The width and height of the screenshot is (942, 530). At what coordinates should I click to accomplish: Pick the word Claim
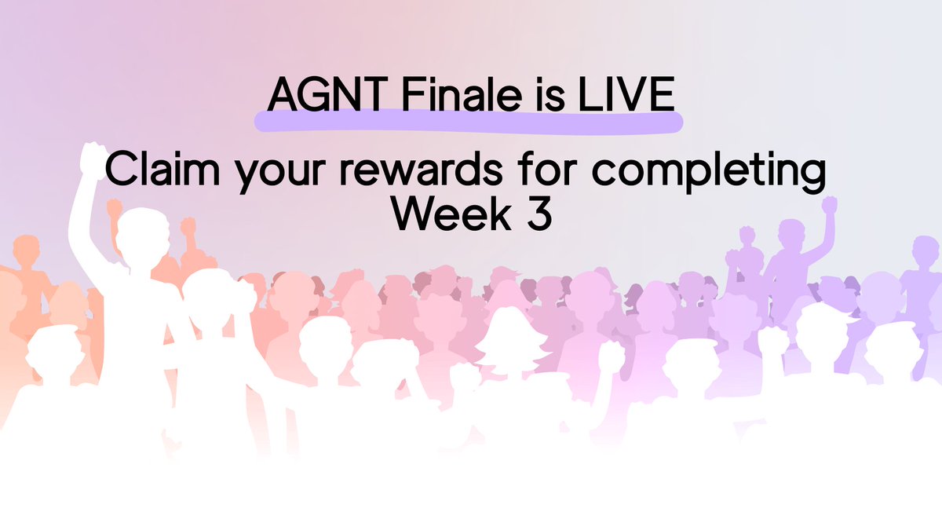pyautogui.click(x=159, y=170)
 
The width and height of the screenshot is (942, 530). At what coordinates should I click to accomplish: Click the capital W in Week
pyautogui.click(x=413, y=213)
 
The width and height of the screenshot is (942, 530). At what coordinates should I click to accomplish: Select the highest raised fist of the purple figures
pyautogui.click(x=829, y=207)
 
